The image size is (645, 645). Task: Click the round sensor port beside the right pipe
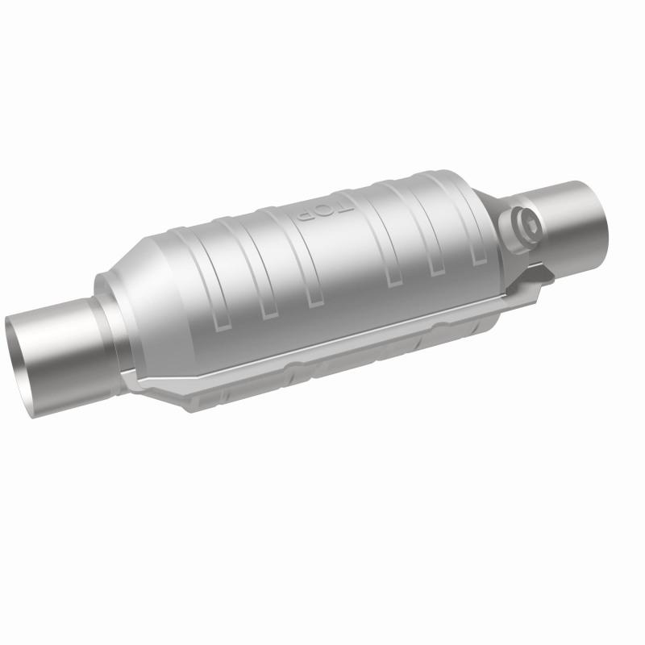coord(525,222)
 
